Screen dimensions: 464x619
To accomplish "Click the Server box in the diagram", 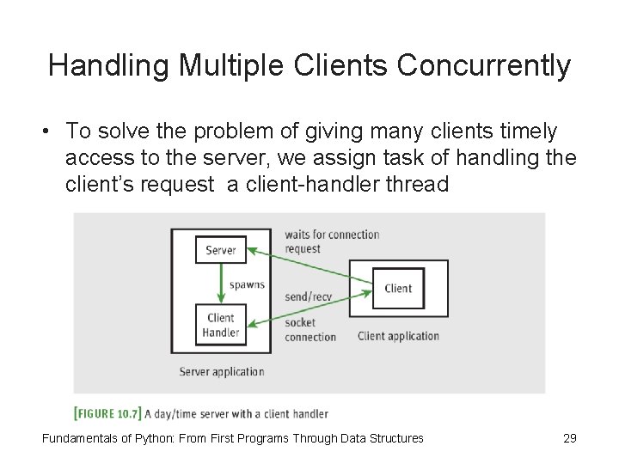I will click(221, 250).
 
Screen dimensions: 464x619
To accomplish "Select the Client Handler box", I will click(221, 325).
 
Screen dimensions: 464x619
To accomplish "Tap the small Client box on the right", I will click(398, 289).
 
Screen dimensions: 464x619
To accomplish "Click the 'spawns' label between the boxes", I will click(247, 284).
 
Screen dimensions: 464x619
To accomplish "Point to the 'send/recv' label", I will click(308, 296).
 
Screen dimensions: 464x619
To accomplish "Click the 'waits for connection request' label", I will click(331, 241).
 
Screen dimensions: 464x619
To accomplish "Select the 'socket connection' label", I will click(309, 330).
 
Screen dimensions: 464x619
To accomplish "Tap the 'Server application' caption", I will click(222, 372).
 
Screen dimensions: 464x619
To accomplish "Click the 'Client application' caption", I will click(398, 336).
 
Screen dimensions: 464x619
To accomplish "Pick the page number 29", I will click(569, 438).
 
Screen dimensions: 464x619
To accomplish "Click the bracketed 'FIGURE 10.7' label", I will click(107, 413).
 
